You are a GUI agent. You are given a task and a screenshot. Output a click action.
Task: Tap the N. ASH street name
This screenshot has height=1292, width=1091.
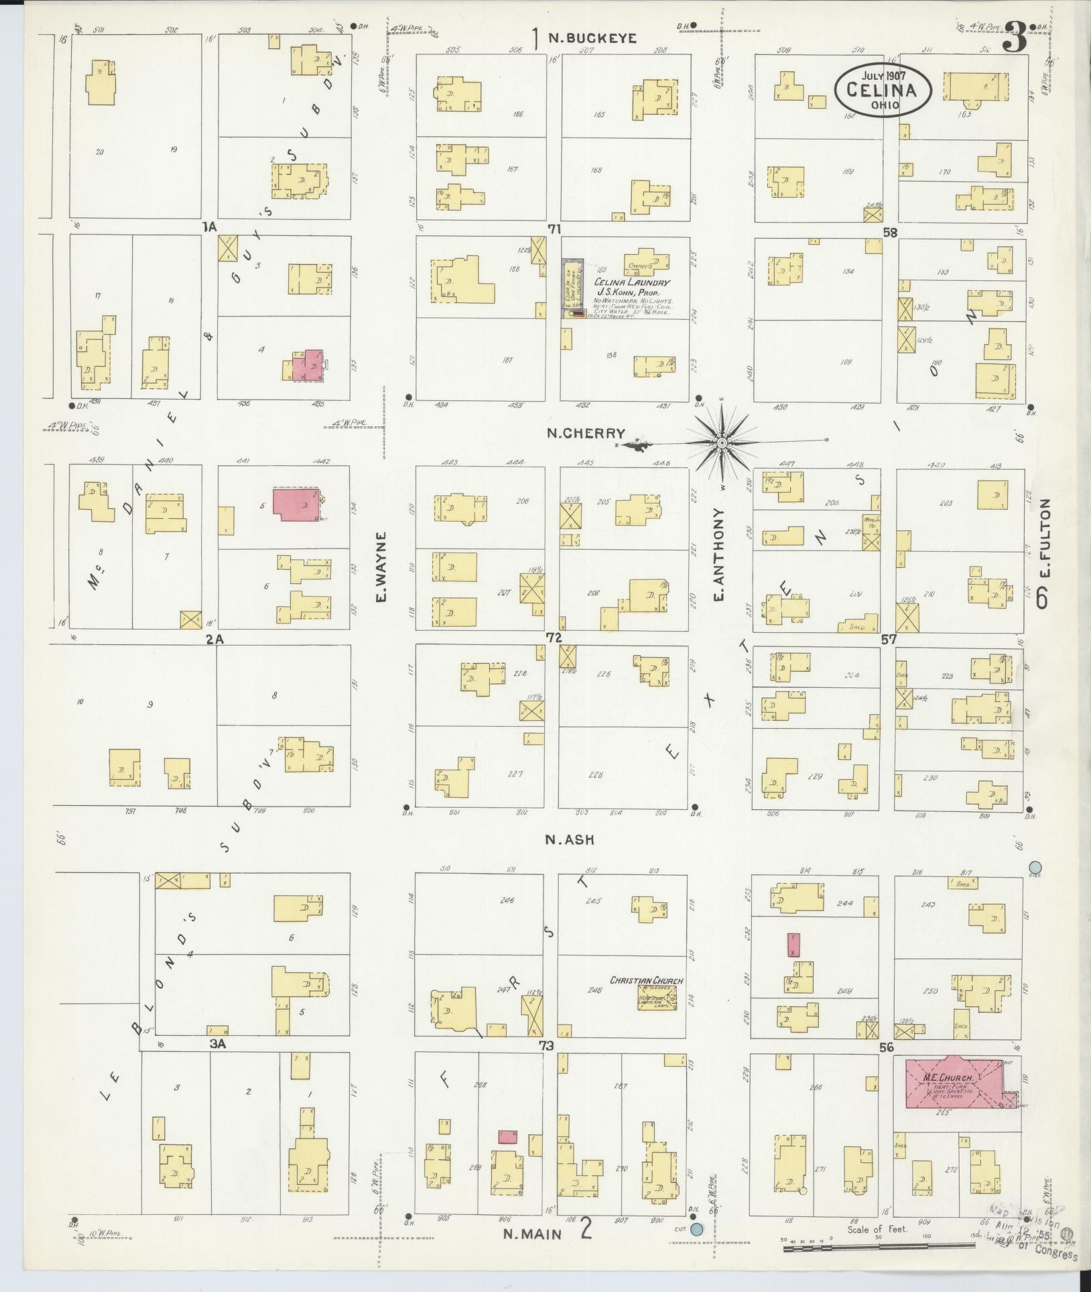(x=570, y=839)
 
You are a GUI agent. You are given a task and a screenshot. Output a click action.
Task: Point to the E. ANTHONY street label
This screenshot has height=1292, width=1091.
(x=721, y=554)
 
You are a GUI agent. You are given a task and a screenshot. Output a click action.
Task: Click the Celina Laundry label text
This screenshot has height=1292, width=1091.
(x=632, y=283)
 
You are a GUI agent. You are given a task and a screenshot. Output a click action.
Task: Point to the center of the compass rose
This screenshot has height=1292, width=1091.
(x=722, y=443)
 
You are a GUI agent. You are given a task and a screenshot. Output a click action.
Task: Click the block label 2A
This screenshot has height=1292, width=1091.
(x=214, y=640)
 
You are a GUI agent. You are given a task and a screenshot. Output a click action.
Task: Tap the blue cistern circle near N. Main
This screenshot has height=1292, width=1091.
(x=697, y=1230)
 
